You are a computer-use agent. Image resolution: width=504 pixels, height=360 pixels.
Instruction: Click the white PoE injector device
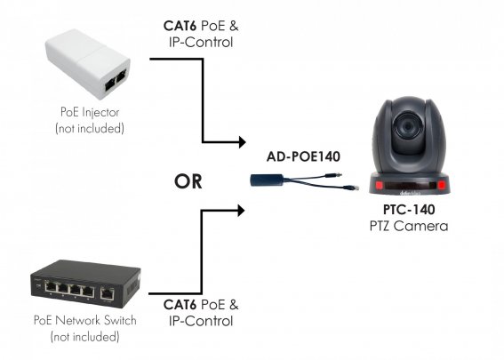88,64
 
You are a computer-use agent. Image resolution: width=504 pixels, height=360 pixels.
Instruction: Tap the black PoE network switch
85,284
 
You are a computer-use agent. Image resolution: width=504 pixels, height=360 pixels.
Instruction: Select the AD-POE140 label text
303,156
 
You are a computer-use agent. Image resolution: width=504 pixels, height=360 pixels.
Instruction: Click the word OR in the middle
188,181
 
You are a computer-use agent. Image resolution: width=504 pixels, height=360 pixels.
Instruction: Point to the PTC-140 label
409,210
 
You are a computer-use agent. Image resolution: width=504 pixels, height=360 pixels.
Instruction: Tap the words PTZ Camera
409,226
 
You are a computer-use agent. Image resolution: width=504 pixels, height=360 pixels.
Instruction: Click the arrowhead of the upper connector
243,141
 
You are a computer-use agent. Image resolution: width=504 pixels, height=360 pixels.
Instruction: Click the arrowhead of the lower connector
241,211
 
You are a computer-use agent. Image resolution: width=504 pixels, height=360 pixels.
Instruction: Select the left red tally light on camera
380,185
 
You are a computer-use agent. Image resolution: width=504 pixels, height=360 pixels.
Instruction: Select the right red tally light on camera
442,185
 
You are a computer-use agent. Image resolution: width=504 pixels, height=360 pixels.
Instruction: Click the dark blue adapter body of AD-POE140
267,180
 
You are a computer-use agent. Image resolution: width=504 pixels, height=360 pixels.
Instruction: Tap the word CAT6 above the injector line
180,26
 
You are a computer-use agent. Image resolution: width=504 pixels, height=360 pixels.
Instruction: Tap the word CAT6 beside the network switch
180,305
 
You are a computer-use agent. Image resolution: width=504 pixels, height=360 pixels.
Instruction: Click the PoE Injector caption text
90,112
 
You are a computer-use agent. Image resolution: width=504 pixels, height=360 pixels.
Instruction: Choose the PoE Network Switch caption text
85,320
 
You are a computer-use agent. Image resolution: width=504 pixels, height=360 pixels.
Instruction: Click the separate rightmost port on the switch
107,293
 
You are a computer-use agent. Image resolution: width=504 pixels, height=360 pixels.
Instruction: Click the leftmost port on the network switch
51,285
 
